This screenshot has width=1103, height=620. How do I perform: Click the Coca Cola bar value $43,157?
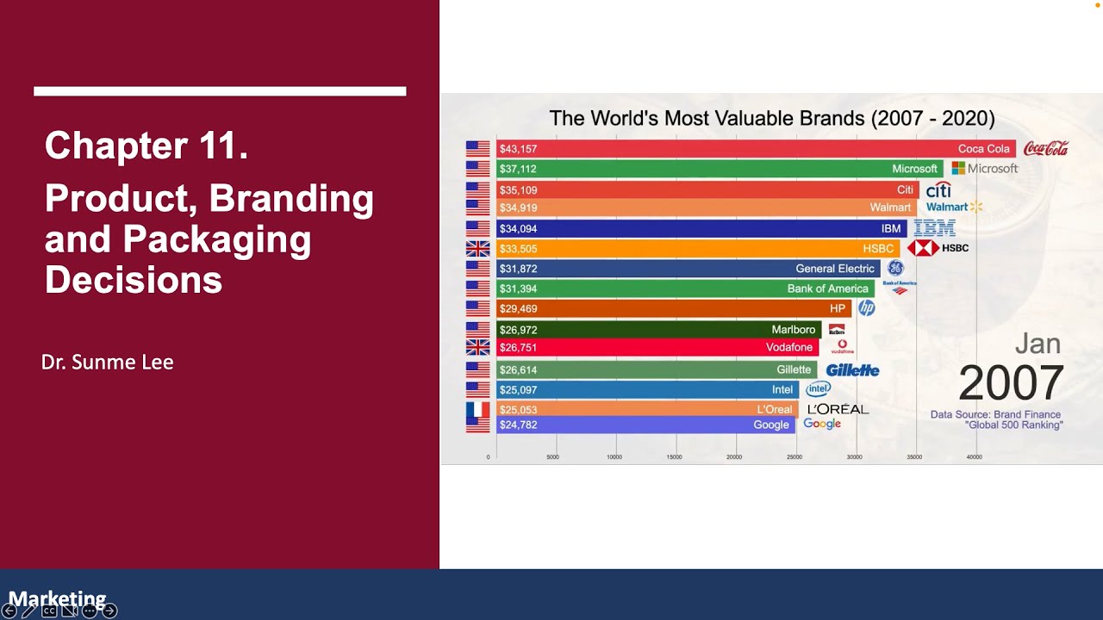coord(518,149)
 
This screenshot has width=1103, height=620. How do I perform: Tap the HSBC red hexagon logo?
coord(923,248)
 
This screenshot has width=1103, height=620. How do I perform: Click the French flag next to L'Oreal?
coord(477,410)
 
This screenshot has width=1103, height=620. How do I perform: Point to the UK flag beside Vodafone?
coord(477,347)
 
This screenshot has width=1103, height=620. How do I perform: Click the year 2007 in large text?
coord(1011,383)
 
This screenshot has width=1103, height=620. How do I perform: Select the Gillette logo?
coord(852,370)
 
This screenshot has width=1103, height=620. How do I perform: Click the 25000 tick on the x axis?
coord(795,457)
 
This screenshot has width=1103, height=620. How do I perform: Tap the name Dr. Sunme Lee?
coord(107,363)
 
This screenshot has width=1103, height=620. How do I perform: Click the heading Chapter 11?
coord(146,146)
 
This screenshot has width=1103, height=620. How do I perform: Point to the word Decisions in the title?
coord(134,280)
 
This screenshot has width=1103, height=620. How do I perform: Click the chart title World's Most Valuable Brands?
coord(771,118)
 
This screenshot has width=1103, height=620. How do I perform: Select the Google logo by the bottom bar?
coord(822,424)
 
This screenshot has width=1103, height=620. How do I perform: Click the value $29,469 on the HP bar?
coord(518,308)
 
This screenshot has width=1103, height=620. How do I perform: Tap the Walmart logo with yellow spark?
coord(954,208)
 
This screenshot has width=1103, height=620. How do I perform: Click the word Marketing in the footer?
coord(57,598)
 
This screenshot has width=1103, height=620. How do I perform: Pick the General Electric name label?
coord(834,269)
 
